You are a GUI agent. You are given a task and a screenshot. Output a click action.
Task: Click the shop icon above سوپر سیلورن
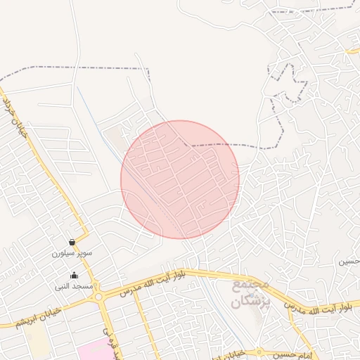click(x=73, y=242)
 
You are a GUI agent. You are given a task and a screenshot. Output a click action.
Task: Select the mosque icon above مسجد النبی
click(x=75, y=275)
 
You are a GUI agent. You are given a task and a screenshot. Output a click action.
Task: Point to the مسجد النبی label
click(x=75, y=286)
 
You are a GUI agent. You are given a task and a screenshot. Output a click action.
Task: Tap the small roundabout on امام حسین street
click(x=259, y=351)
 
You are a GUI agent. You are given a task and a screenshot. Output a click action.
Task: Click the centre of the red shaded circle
click(x=180, y=179)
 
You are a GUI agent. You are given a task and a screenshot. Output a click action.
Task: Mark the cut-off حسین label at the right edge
click(x=349, y=261)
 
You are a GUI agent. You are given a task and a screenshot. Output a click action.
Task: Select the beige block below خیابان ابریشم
click(x=39, y=345)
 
